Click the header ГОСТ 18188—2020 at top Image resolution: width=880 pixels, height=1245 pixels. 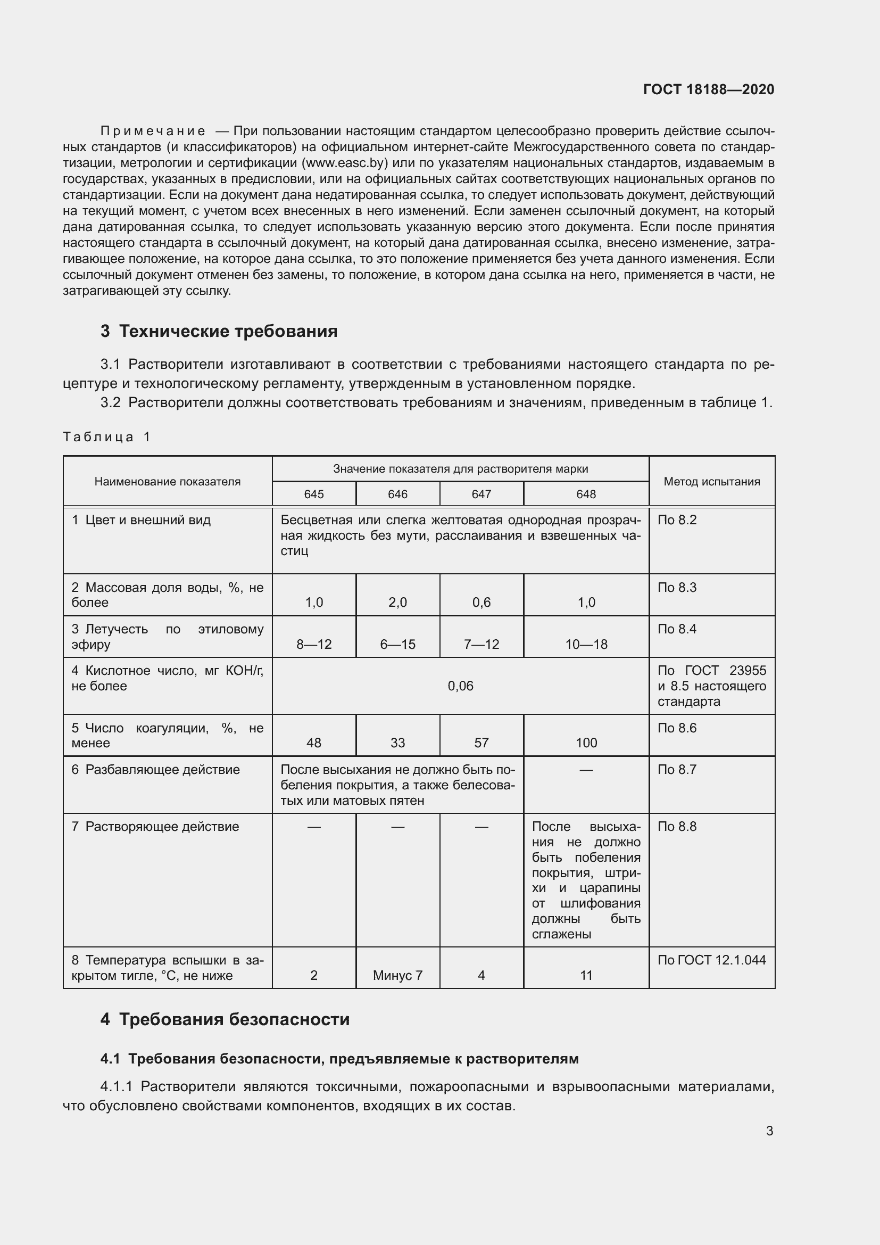click(708, 89)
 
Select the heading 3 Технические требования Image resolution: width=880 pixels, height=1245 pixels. click(218, 331)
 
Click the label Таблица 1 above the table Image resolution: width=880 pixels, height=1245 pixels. click(106, 437)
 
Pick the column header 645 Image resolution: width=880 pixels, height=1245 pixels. click(314, 494)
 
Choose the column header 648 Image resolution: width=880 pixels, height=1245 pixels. click(586, 494)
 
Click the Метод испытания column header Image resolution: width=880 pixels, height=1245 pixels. click(711, 482)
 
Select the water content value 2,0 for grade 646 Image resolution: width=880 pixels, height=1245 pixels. click(398, 603)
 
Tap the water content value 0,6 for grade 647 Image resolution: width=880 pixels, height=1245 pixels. click(481, 603)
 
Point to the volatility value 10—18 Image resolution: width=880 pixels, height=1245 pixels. click(586, 644)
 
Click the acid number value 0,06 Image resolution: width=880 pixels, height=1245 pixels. click(460, 686)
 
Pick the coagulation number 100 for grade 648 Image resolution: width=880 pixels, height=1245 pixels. click(586, 743)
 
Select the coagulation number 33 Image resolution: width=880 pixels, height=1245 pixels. click(398, 743)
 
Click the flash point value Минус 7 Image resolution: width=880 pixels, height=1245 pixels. click(398, 976)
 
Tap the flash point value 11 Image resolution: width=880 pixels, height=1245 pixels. click(586, 976)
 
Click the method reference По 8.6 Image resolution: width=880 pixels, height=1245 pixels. click(677, 728)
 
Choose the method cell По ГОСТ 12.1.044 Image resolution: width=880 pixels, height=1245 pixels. click(711, 960)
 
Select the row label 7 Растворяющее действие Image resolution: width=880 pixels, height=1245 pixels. click(155, 827)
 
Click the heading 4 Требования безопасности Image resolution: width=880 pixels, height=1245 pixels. click(225, 1019)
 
